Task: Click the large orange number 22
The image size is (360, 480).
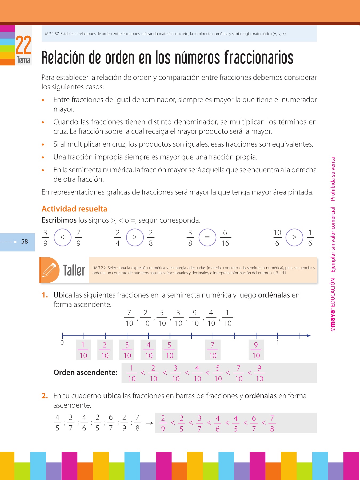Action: (23, 45)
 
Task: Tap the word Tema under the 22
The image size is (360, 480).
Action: (23, 60)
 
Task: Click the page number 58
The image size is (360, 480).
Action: (25, 242)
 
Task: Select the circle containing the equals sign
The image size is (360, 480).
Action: (207, 237)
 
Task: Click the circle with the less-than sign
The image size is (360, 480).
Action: (62, 237)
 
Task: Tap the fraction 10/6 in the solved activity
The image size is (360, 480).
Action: (277, 238)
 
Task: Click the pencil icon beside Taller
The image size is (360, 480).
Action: (49, 270)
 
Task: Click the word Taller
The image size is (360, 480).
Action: (74, 270)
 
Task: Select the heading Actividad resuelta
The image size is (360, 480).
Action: (74, 209)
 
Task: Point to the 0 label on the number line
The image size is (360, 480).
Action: (62, 343)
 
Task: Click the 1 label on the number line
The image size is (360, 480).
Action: (278, 343)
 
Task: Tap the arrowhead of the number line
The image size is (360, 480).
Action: (309, 335)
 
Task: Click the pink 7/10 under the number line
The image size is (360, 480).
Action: (213, 350)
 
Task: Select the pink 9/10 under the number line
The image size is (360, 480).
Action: (256, 350)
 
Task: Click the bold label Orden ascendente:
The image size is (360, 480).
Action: (85, 373)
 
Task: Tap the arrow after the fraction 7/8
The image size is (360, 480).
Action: (149, 423)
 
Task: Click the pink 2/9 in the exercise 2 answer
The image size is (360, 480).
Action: (163, 423)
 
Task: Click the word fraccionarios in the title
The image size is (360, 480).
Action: (259, 58)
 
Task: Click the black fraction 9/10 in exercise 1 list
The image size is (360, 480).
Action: (195, 318)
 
